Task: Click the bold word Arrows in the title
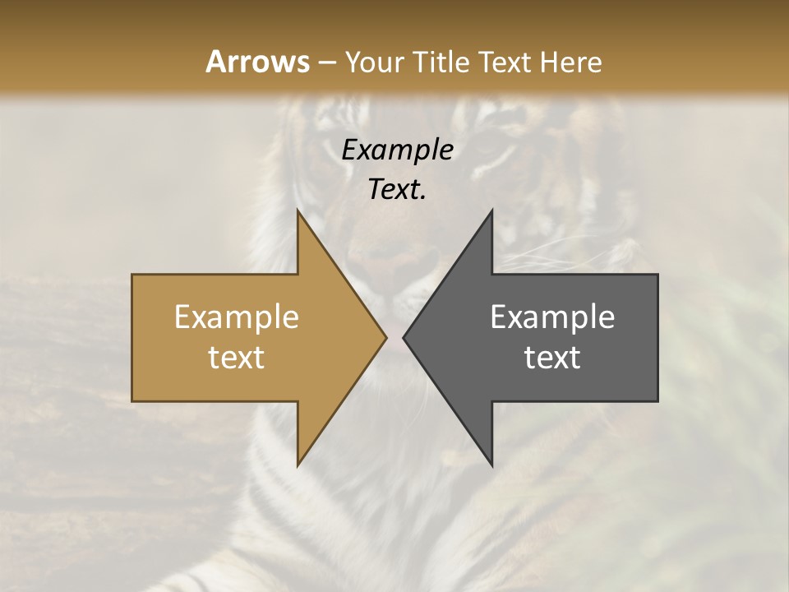pyautogui.click(x=257, y=62)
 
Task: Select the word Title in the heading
pyautogui.click(x=441, y=62)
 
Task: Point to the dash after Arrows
pyautogui.click(x=325, y=62)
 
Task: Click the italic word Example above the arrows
pyautogui.click(x=397, y=150)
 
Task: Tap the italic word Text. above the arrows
pyautogui.click(x=397, y=189)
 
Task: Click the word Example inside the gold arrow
pyautogui.click(x=237, y=317)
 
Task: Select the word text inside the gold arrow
pyautogui.click(x=237, y=358)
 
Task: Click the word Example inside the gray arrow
pyautogui.click(x=552, y=317)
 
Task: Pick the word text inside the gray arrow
pyautogui.click(x=552, y=358)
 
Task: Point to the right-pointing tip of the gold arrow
pyautogui.click(x=385, y=337)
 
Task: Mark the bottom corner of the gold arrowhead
pyautogui.click(x=298, y=465)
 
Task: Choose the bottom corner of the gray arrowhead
pyautogui.click(x=491, y=465)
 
